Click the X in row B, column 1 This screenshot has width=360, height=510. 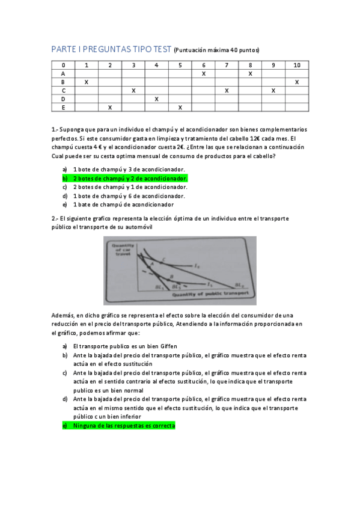coord(87,82)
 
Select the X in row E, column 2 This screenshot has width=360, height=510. coord(110,108)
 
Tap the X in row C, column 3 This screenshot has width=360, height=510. coord(133,90)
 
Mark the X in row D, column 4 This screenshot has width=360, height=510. coord(156,99)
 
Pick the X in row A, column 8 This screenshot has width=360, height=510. coord(250,73)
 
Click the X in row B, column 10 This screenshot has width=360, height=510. coord(297,82)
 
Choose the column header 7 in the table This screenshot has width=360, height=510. coord(227,65)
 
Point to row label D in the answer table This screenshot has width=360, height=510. coord(63,99)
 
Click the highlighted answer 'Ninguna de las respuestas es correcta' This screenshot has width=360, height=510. coord(124,426)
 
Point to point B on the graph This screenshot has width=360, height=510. coord(171,276)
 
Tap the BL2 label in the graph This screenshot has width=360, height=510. coord(184,287)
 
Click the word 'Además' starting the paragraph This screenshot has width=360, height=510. coord(63,315)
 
